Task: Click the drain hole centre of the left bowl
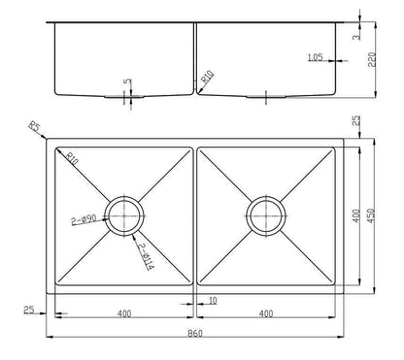[x=125, y=213]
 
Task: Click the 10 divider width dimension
[x=212, y=302]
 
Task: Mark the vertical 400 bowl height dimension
[x=356, y=213]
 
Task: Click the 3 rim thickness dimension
[x=356, y=37]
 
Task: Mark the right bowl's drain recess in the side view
[x=265, y=96]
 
